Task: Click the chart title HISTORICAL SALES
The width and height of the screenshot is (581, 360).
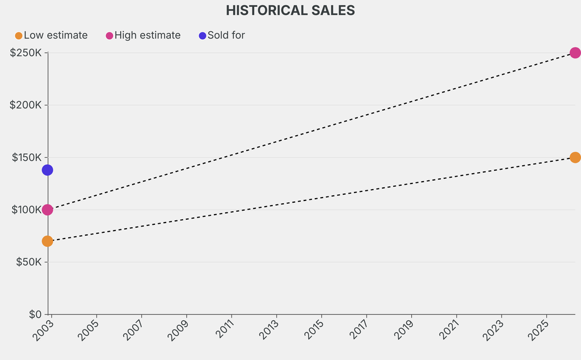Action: [x=290, y=10]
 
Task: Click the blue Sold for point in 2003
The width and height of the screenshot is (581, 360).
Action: [x=47, y=170]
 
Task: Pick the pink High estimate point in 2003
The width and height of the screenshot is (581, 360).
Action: [x=47, y=210]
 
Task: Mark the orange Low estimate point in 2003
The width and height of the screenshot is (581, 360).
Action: [x=47, y=241]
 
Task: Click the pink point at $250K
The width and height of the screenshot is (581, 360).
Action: [x=575, y=53]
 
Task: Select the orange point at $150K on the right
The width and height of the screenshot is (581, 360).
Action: [x=575, y=157]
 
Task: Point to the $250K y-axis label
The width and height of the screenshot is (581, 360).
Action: [x=26, y=53]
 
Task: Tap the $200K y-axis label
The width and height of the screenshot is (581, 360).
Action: [x=26, y=105]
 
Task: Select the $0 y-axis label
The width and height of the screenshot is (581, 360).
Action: [x=35, y=314]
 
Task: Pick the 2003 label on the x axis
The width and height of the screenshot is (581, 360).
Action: [x=43, y=330]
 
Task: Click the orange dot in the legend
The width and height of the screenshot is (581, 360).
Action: [x=19, y=36]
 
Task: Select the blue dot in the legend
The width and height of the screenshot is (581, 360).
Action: [x=203, y=36]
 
